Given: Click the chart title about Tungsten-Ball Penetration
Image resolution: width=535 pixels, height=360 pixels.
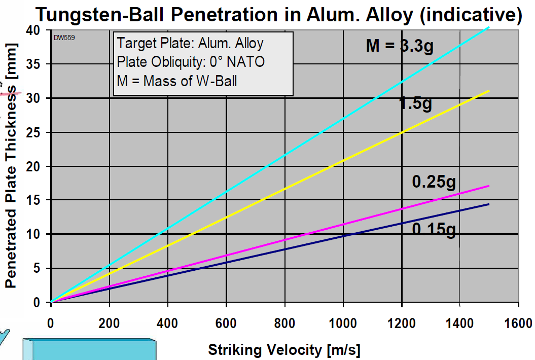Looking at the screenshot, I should click(278, 14).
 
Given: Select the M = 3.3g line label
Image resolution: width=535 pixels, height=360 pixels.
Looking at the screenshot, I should click(400, 46).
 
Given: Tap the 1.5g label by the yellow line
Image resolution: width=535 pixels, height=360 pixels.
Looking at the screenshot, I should click(415, 104).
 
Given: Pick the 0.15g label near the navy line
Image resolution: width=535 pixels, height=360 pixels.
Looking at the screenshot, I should click(434, 230).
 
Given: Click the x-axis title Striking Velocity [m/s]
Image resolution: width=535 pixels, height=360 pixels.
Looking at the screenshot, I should click(284, 349).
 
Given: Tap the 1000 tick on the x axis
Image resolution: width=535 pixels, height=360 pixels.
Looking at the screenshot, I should click(343, 323).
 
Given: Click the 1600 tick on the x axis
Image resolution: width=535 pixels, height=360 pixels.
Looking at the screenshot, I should click(518, 323).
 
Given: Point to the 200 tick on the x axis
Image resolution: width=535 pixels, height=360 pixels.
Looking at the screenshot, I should click(109, 323).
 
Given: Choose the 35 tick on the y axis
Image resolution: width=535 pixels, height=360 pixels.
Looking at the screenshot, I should click(37, 64).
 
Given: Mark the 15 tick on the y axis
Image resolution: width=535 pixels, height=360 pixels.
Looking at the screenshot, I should click(37, 200).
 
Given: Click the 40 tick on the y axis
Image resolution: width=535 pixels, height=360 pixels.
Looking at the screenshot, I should click(37, 30).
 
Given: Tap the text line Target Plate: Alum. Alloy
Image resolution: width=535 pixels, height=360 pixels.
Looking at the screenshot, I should click(190, 44).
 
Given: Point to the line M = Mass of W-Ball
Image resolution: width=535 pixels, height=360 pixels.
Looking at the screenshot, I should click(177, 80).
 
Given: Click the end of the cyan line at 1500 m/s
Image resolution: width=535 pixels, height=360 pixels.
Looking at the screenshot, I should click(489, 27).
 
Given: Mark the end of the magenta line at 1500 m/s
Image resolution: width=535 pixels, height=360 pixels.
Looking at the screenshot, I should click(489, 186).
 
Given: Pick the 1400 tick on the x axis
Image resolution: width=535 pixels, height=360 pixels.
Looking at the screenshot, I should click(460, 323).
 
